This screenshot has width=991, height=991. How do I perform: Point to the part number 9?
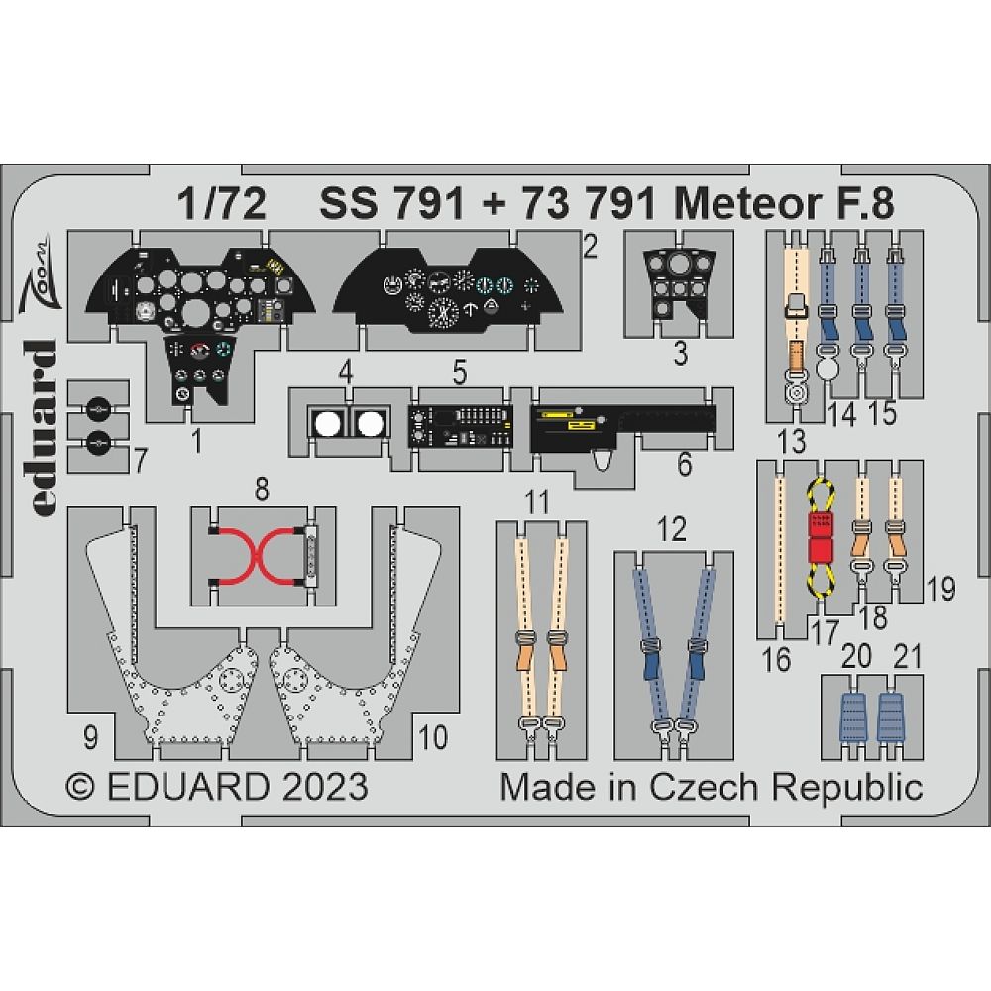click(x=90, y=737)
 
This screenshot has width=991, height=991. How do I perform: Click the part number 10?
click(x=433, y=737)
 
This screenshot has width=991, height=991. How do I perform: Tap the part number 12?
click(x=672, y=529)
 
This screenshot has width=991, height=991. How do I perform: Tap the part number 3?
click(x=679, y=354)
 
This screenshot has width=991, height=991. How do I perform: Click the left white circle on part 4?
click(x=326, y=425)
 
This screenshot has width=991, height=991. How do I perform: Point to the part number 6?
click(x=685, y=463)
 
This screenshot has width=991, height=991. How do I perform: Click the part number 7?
click(x=140, y=460)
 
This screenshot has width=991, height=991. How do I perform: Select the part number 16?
click(x=778, y=658)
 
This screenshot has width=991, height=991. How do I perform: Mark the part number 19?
click(x=941, y=590)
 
